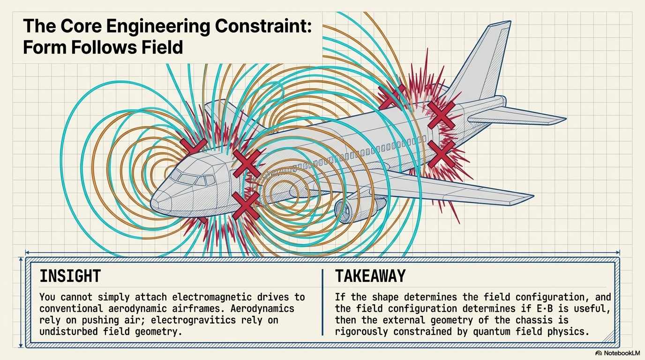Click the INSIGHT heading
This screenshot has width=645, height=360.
(x=70, y=276)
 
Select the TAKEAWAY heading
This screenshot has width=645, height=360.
(x=370, y=276)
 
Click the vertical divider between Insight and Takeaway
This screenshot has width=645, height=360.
(x=322, y=302)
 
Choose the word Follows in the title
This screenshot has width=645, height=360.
(x=94, y=47)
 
